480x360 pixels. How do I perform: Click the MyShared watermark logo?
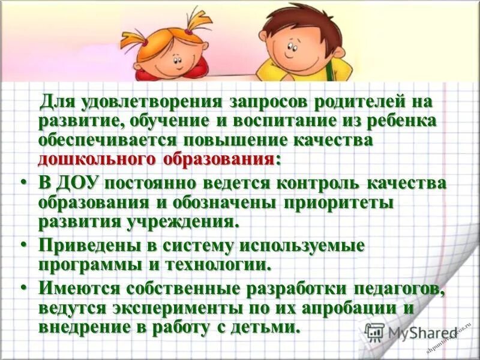click(x=414, y=332)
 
